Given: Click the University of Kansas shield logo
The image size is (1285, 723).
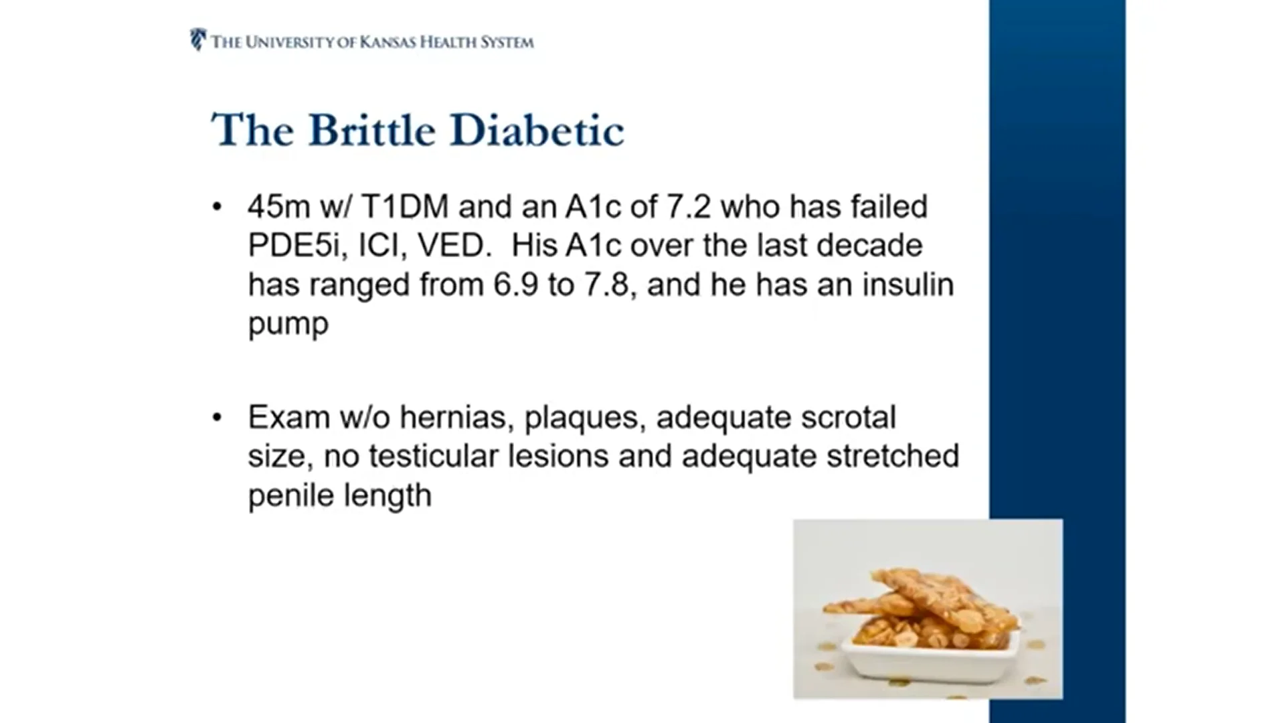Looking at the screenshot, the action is point(198,39).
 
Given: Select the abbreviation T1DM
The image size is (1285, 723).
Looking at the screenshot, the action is point(405,207).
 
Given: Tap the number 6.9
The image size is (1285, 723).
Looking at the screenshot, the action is point(516,285).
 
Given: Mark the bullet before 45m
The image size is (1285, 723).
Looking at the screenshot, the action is point(216,207).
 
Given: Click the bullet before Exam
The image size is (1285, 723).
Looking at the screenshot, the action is point(216,418).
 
